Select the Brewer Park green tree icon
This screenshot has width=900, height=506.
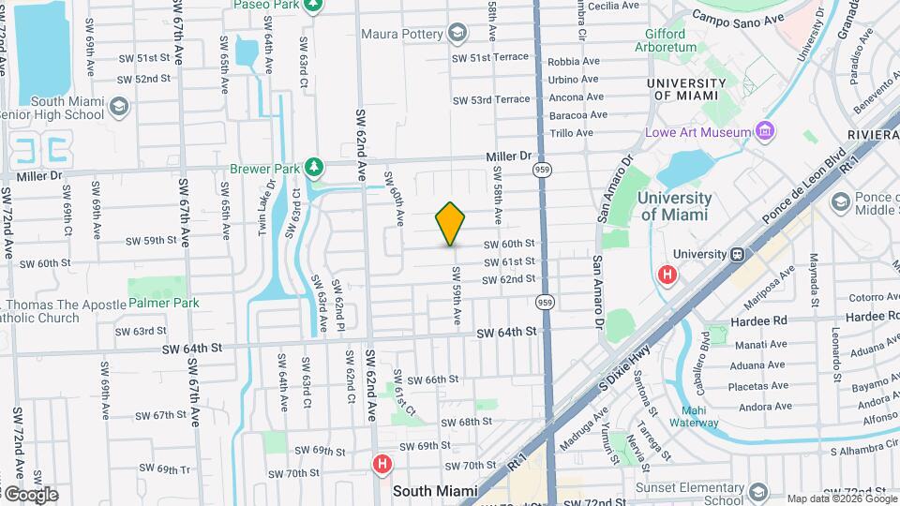317,168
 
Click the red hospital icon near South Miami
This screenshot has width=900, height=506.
382,464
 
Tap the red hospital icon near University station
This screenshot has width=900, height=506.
667,275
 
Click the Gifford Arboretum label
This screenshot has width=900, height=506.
672,39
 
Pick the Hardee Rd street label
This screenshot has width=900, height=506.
760,320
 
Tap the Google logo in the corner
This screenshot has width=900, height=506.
30,494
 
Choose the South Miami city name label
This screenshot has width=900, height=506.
435,490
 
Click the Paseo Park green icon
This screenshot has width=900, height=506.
317,6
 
